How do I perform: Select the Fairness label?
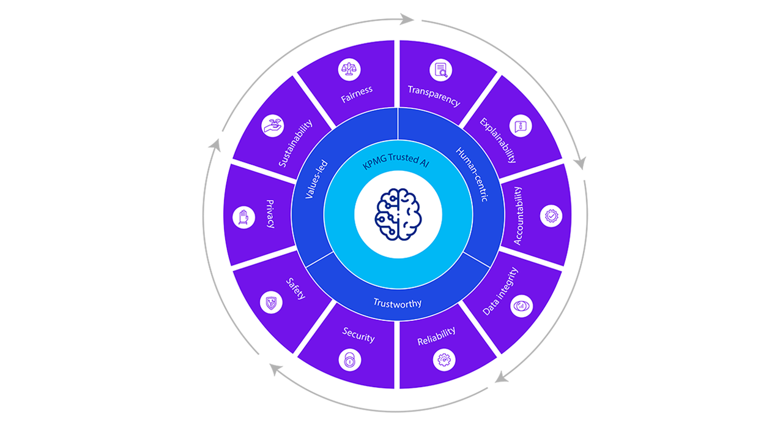coord(357,94)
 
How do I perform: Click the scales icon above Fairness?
coord(349,70)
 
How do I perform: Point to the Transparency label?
coord(434,96)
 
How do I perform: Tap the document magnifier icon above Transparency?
coord(440,70)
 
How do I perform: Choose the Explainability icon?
coord(521,126)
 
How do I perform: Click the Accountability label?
coord(518,216)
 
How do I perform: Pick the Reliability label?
coord(436,336)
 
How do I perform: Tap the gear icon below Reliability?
coord(443,360)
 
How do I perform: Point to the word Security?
coord(358,334)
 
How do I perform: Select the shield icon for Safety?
coord(270,301)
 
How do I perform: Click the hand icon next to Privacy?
coord(244,217)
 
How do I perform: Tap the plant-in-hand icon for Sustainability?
coord(272,126)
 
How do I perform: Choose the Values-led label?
coord(316,179)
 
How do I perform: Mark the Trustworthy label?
coord(398,303)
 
